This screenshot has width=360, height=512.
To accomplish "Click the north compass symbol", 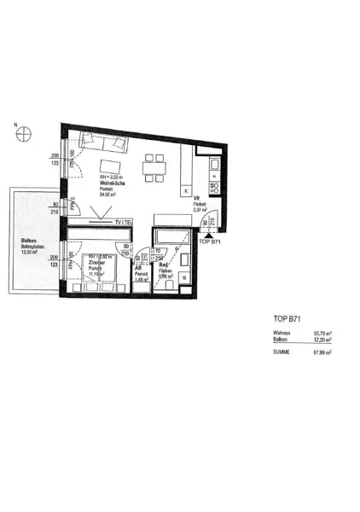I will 26,132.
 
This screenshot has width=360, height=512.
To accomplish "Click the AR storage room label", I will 139,265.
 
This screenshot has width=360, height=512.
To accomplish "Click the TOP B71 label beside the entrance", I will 210,242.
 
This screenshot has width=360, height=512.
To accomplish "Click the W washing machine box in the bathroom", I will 183,277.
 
